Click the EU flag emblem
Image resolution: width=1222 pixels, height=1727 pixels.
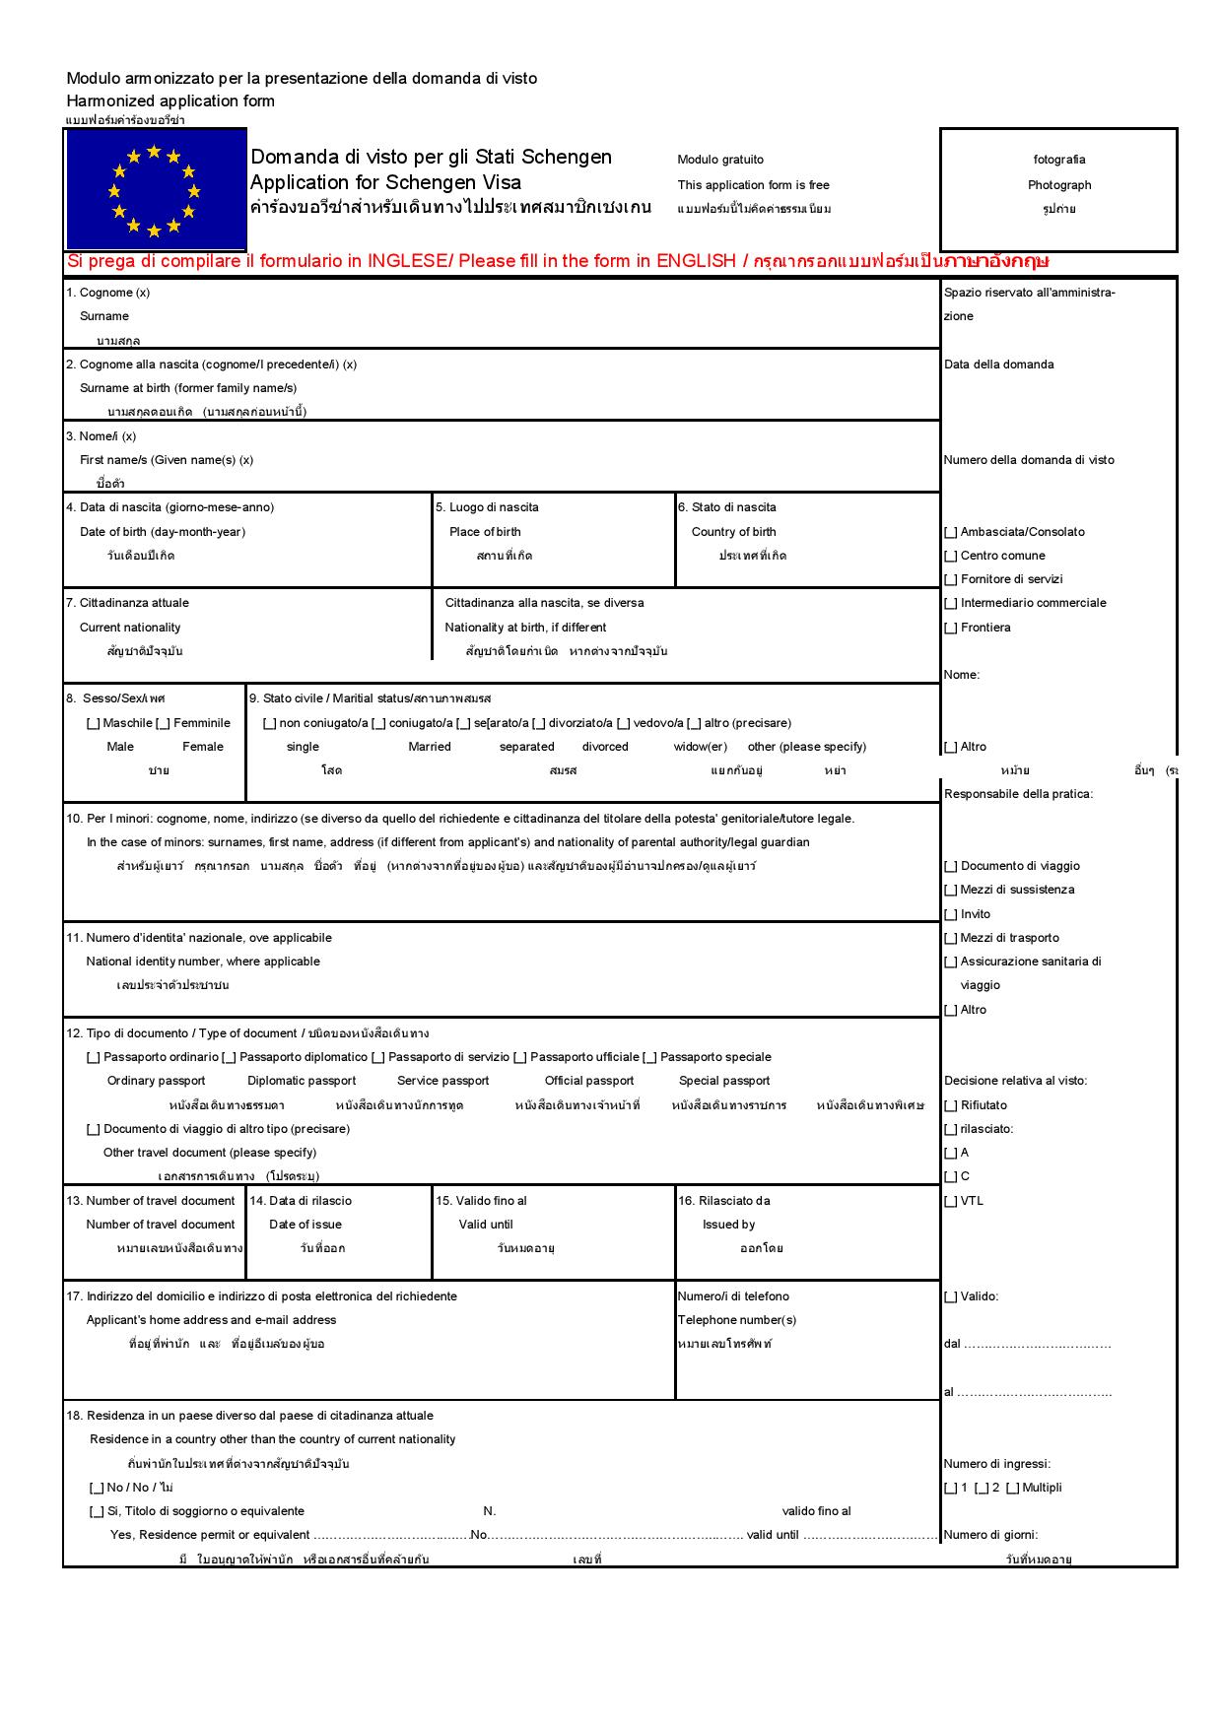pos(155,190)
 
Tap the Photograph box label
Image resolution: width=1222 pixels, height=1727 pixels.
pos(1058,185)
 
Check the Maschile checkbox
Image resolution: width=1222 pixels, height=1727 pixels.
pos(94,723)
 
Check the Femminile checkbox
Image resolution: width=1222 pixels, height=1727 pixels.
pos(164,723)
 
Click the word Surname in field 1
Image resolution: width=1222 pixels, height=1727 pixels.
pos(104,316)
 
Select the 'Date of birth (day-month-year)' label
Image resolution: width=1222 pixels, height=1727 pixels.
pos(163,532)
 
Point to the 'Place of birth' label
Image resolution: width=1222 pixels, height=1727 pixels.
pos(485,532)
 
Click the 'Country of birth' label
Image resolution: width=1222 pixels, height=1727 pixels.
pos(733,532)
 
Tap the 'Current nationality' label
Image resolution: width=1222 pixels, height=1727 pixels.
pos(130,628)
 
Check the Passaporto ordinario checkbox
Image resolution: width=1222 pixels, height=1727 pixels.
pos(94,1057)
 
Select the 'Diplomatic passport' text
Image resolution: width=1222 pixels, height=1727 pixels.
pos(302,1081)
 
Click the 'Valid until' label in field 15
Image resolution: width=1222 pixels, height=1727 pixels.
pos(486,1225)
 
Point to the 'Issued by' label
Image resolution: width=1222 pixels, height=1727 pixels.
pos(728,1225)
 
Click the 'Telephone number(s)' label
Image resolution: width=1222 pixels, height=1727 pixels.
pos(736,1320)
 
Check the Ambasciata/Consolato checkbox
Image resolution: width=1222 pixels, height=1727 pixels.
pos(951,532)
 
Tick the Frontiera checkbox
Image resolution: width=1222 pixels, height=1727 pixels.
pos(951,628)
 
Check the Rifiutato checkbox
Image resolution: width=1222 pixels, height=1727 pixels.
pos(951,1105)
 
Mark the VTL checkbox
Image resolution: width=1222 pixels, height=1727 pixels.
pos(951,1201)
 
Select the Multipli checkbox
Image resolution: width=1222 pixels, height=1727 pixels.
pos(1012,1488)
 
